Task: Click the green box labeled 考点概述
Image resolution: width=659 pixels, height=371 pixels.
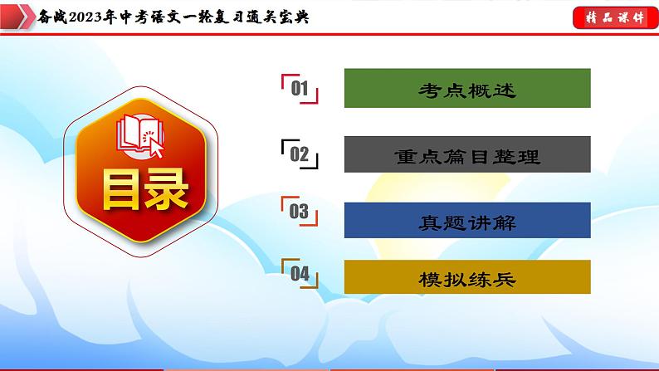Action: click(466, 88)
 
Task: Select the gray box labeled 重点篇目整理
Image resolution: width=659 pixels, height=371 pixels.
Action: click(466, 155)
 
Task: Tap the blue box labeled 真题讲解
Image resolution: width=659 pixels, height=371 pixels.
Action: click(466, 222)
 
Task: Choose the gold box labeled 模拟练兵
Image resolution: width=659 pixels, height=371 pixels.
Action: click(466, 279)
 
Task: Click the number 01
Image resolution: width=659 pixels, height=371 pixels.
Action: click(300, 90)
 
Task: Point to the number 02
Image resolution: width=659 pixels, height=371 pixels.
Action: click(300, 154)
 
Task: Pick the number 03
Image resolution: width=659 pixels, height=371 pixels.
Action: click(299, 212)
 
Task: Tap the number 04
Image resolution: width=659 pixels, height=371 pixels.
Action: click(300, 274)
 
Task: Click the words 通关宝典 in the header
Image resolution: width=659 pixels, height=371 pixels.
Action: click(277, 17)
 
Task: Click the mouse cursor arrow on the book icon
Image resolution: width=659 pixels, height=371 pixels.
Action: click(155, 148)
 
